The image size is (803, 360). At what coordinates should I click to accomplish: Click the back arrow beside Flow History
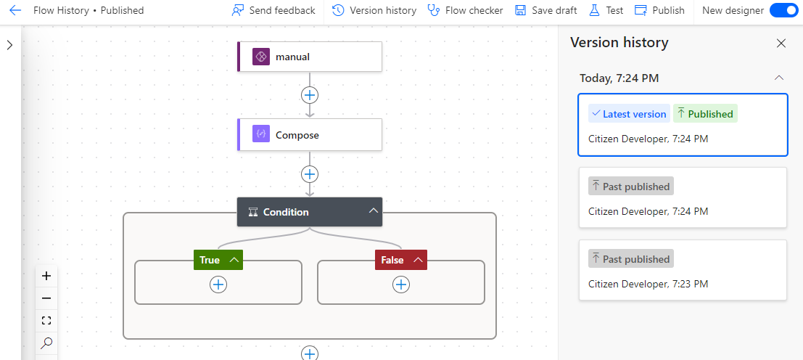[15, 10]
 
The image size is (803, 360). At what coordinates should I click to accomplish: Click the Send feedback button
[273, 10]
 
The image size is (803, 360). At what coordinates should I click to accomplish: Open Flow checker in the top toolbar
[465, 10]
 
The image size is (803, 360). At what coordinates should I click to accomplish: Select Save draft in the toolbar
[545, 10]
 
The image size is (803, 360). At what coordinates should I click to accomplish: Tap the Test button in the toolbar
[606, 10]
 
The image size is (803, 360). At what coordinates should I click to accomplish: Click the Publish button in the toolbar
[659, 10]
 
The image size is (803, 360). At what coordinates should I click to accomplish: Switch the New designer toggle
[783, 10]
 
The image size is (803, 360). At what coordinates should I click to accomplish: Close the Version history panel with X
[781, 43]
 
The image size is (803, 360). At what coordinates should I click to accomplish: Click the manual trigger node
[310, 57]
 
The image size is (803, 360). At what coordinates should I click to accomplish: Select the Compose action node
[310, 135]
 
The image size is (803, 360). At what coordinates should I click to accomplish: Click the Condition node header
[310, 211]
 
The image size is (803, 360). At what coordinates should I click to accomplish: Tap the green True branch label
[218, 260]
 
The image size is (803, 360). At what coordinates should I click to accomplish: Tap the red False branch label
[401, 260]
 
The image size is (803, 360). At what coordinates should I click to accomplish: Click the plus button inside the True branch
[218, 285]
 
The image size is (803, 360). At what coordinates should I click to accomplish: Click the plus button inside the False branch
[400, 285]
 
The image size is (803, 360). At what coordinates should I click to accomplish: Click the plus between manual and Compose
[309, 95]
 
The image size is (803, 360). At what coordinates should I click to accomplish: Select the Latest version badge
[629, 114]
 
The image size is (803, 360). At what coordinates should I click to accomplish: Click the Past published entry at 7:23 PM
[683, 270]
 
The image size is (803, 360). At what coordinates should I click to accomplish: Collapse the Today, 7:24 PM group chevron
[779, 78]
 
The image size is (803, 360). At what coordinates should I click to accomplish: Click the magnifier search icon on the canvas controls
[46, 343]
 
